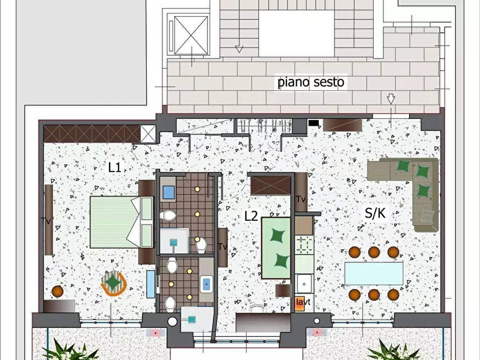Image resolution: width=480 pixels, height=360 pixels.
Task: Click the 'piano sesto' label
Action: (311, 83)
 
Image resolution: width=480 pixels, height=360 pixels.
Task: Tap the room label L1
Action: (114, 167)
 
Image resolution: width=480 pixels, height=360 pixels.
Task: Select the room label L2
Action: (251, 216)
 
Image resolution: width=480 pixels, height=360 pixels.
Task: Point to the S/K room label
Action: (375, 213)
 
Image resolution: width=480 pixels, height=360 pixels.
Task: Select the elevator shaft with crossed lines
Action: (190, 35)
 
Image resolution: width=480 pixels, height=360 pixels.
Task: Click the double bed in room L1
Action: (121, 222)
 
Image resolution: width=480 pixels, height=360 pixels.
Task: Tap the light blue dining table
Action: (374, 273)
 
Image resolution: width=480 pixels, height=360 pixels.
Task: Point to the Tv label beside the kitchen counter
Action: (300, 199)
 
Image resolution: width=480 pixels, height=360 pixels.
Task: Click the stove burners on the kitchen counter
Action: (304, 244)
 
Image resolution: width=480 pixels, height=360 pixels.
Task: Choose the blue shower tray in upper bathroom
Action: (168, 192)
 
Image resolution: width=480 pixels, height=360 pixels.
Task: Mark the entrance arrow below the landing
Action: (391, 100)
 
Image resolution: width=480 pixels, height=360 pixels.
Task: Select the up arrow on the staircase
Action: (239, 48)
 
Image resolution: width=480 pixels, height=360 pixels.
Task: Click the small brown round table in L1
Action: (58, 291)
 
